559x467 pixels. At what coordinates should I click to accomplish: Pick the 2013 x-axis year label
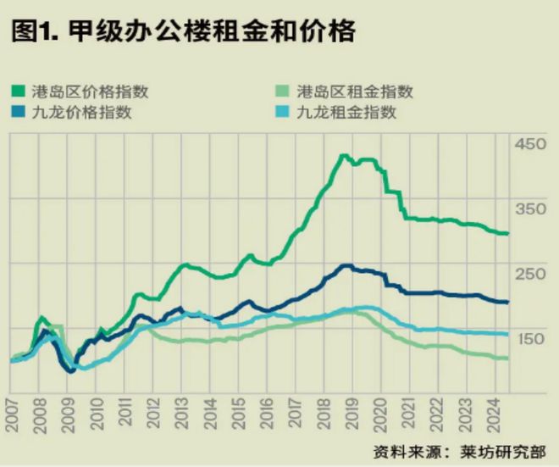[x=182, y=416]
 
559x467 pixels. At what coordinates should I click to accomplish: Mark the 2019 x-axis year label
[x=353, y=416]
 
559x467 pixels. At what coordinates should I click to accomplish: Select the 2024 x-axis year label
[x=495, y=416]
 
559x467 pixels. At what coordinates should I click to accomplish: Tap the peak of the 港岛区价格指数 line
[x=344, y=156]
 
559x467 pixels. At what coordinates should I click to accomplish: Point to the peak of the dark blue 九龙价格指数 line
[x=346, y=265]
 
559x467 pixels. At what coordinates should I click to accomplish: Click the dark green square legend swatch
[x=17, y=92]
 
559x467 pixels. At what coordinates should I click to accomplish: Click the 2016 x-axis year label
[x=268, y=416]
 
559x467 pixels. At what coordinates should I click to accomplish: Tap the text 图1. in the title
[x=32, y=31]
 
